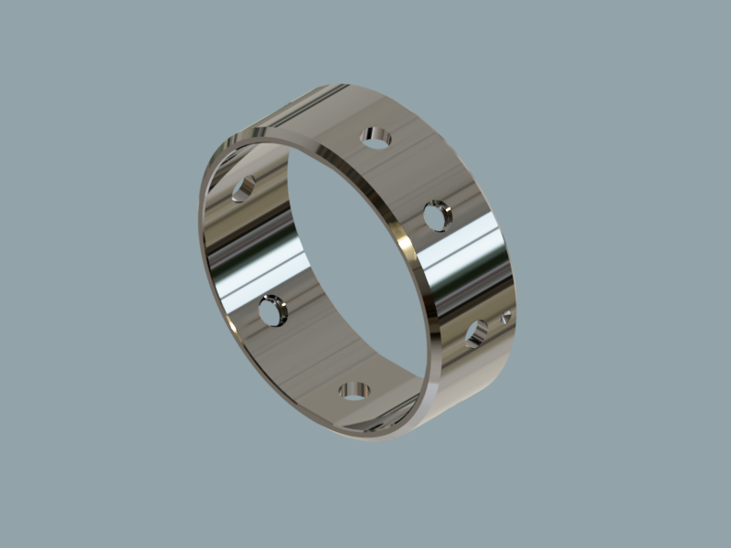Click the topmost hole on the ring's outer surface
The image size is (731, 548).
tap(375, 138)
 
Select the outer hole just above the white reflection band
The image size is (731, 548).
tap(438, 216)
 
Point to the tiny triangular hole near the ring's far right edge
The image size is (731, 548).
tap(505, 318)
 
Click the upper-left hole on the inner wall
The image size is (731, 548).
tap(243, 189)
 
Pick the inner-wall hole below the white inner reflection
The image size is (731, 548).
tap(272, 311)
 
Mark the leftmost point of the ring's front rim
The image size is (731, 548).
tap(201, 228)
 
